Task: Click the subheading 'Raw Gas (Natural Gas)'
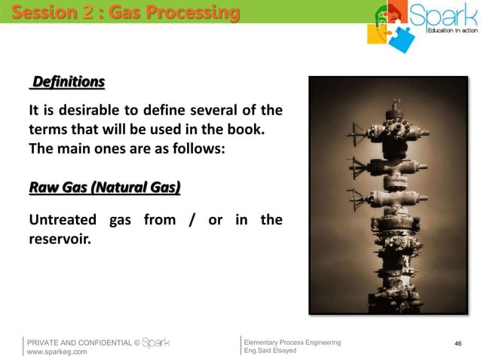[104, 187]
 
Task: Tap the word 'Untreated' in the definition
[63, 220]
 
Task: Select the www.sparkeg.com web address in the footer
[57, 351]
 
